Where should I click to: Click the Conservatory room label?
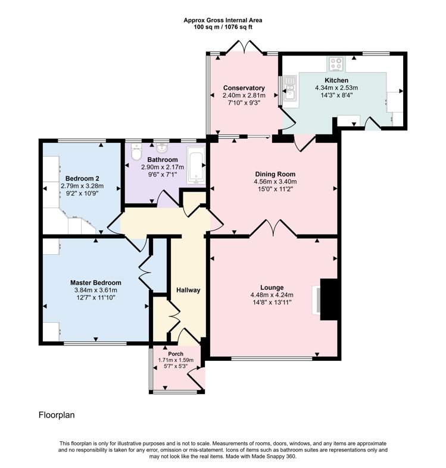pos(243,88)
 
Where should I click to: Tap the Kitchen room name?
pos(336,80)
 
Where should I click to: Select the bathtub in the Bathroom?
pos(196,166)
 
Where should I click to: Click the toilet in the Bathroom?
pos(136,153)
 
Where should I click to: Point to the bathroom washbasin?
pos(161,148)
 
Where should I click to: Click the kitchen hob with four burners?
pos(335,63)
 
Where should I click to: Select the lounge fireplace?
pos(327,299)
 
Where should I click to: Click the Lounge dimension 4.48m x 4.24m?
pos(272,294)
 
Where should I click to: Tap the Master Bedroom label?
pos(95,283)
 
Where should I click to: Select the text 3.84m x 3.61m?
pos(95,291)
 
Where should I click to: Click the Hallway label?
pos(188,290)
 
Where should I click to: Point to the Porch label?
pos(176,354)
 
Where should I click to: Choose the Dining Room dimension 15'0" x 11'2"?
pos(275,189)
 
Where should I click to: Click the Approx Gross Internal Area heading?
pos(223,20)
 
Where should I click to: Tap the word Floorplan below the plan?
pos(57,414)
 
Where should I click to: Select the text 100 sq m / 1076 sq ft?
pos(223,27)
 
